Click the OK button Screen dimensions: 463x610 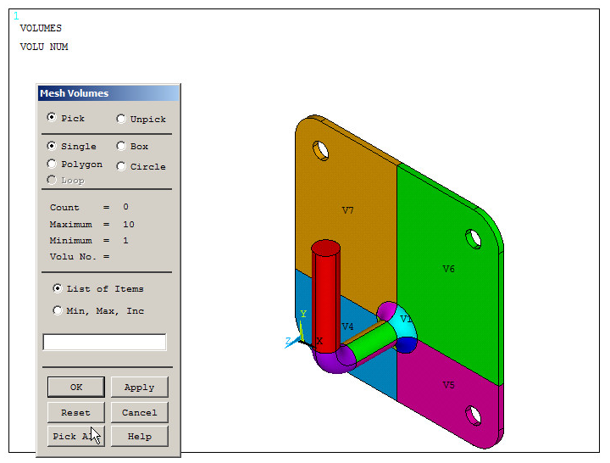(76, 388)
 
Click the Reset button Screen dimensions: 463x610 (76, 413)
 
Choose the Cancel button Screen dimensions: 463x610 (139, 413)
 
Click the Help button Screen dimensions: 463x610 (139, 437)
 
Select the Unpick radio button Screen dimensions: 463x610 (121, 120)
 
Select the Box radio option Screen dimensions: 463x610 (121, 147)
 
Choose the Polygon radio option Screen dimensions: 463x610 (53, 165)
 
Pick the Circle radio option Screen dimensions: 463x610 (121, 166)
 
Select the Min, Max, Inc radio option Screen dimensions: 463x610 (58, 311)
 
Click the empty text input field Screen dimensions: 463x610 (104, 343)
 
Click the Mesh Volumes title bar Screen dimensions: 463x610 (108, 93)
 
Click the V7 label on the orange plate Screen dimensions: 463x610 (347, 210)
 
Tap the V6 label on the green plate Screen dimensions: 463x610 (448, 269)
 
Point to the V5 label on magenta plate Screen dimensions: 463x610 (448, 385)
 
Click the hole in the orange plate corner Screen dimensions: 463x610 (320, 150)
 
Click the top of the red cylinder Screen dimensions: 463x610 (325, 248)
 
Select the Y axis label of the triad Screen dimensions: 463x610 (302, 314)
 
